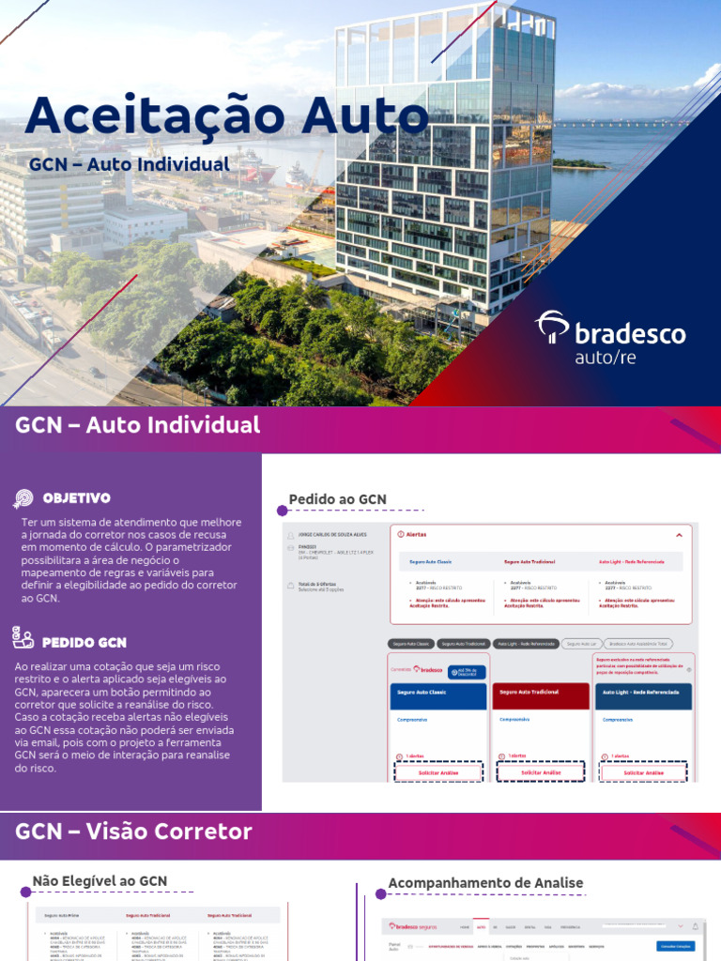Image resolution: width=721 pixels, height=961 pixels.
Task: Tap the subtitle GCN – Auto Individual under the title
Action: point(129,164)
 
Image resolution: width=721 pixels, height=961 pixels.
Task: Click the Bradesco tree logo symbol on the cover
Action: point(552,328)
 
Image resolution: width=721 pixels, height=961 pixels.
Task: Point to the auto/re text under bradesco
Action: point(605,357)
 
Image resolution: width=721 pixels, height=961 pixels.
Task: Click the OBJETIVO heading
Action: point(76,497)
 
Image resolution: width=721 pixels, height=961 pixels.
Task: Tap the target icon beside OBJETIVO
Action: point(23,497)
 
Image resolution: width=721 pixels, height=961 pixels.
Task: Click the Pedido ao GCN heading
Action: point(337,499)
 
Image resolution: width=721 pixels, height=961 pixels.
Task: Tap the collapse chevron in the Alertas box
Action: point(679,535)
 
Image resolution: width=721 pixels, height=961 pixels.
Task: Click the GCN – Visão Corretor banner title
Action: point(133,831)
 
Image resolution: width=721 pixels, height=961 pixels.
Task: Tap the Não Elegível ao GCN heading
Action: point(100,880)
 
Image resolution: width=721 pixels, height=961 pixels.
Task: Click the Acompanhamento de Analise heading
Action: point(485,882)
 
